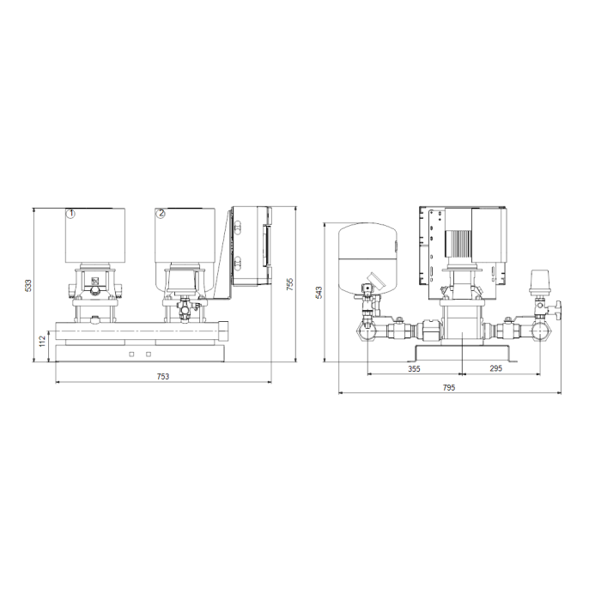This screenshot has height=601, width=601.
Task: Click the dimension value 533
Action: pyautogui.click(x=28, y=286)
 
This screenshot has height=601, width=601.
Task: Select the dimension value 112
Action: pyautogui.click(x=43, y=341)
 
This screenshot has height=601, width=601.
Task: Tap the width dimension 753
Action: pyautogui.click(x=163, y=376)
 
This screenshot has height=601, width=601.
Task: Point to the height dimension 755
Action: pyautogui.click(x=290, y=284)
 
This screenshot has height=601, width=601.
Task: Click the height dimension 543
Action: pyautogui.click(x=319, y=293)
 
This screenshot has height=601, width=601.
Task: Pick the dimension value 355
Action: pyautogui.click(x=414, y=368)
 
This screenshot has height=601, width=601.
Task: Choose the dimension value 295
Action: pyautogui.click(x=495, y=368)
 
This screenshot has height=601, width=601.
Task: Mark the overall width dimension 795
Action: pyautogui.click(x=449, y=387)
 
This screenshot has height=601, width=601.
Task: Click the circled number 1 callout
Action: pyautogui.click(x=71, y=214)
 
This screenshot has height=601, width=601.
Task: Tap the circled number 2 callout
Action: pyautogui.click(x=161, y=214)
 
